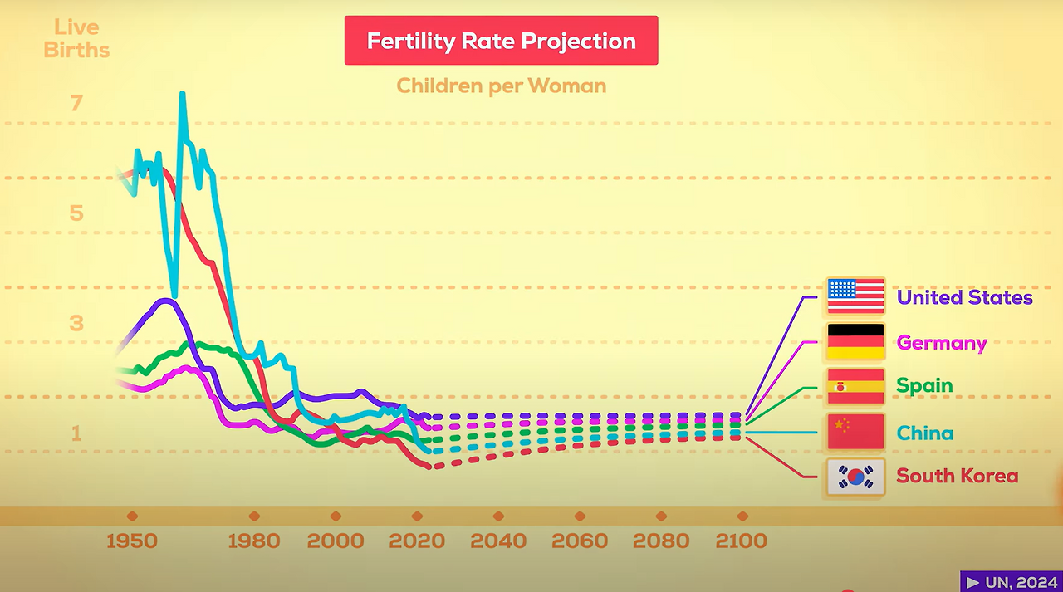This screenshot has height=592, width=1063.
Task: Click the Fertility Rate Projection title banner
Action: [501, 41]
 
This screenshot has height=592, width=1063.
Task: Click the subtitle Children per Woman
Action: [501, 85]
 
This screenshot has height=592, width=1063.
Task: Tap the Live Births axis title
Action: [76, 39]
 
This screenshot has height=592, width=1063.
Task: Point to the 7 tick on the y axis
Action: [76, 103]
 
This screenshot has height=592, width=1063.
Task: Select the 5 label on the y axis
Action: [76, 213]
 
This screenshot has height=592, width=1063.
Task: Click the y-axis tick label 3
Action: [76, 323]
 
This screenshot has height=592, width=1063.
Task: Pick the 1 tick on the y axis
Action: [76, 433]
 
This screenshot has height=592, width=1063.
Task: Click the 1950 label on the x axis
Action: [132, 541]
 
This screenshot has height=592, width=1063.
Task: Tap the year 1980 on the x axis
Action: [254, 541]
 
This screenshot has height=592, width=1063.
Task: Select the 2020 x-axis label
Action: [417, 541]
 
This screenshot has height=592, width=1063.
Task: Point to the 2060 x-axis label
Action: [580, 541]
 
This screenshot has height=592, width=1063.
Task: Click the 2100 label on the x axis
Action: [742, 541]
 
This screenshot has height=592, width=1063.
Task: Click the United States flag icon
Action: [855, 296]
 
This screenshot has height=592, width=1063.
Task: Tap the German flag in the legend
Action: [855, 341]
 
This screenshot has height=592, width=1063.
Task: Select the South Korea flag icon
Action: [855, 477]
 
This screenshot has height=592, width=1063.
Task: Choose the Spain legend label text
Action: [924, 386]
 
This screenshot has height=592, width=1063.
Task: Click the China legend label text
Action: [924, 433]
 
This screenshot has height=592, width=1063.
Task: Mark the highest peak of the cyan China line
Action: [182, 94]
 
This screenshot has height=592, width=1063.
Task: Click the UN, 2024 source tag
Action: [1011, 581]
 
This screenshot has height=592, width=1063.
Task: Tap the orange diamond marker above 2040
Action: [498, 516]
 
